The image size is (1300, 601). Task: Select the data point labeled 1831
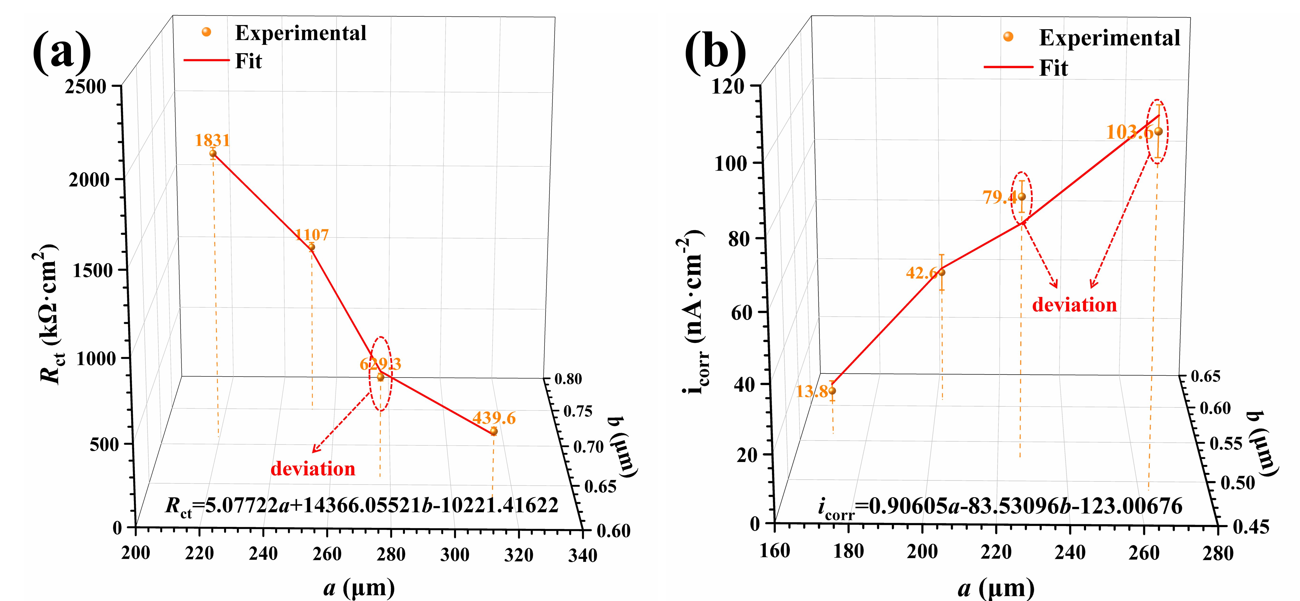pyautogui.click(x=213, y=153)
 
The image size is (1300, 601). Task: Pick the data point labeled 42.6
pyautogui.click(x=941, y=273)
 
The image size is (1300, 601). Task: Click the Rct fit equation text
pyautogui.click(x=361, y=506)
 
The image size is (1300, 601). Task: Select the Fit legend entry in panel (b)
pyautogui.click(x=1053, y=68)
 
